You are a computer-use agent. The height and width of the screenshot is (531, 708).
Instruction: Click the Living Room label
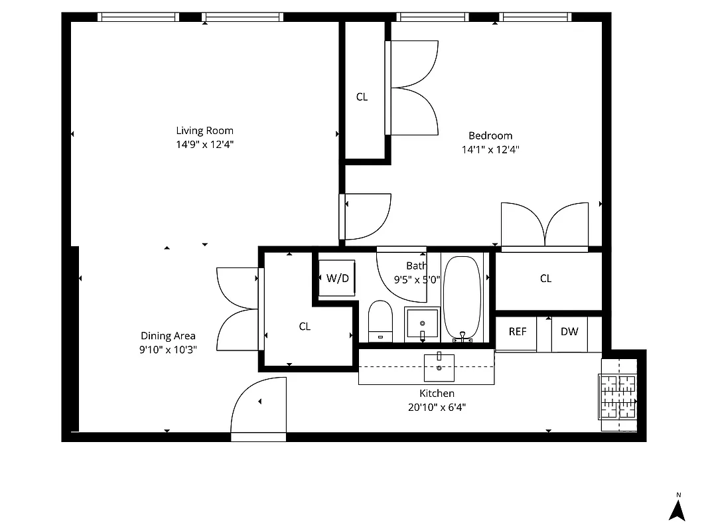pos(204,131)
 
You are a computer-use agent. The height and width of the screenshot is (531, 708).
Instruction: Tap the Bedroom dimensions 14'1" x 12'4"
pos(490,150)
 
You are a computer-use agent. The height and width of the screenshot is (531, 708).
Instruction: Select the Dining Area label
pos(168,336)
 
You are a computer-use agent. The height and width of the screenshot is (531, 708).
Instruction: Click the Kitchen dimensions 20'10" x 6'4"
pos(437,408)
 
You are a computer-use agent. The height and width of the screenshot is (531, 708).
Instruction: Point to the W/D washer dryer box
pos(337,278)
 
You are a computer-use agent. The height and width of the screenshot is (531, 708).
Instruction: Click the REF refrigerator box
pos(517,331)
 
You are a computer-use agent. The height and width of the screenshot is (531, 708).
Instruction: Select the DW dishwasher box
pos(569,331)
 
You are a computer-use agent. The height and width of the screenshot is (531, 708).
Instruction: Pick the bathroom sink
pos(422,325)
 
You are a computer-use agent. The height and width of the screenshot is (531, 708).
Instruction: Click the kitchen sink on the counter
pos(439,367)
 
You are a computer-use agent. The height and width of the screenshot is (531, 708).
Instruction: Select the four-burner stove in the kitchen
pos(618,397)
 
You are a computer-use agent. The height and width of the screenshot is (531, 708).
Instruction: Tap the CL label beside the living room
pos(362,97)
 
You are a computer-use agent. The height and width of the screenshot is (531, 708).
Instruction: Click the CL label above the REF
pos(545,279)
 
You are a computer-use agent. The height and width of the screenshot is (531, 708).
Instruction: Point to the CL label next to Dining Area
pos(305,327)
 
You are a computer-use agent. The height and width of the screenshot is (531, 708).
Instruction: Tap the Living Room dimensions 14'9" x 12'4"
pos(204,144)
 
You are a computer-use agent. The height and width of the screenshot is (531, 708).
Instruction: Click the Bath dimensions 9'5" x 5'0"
pos(417,279)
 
